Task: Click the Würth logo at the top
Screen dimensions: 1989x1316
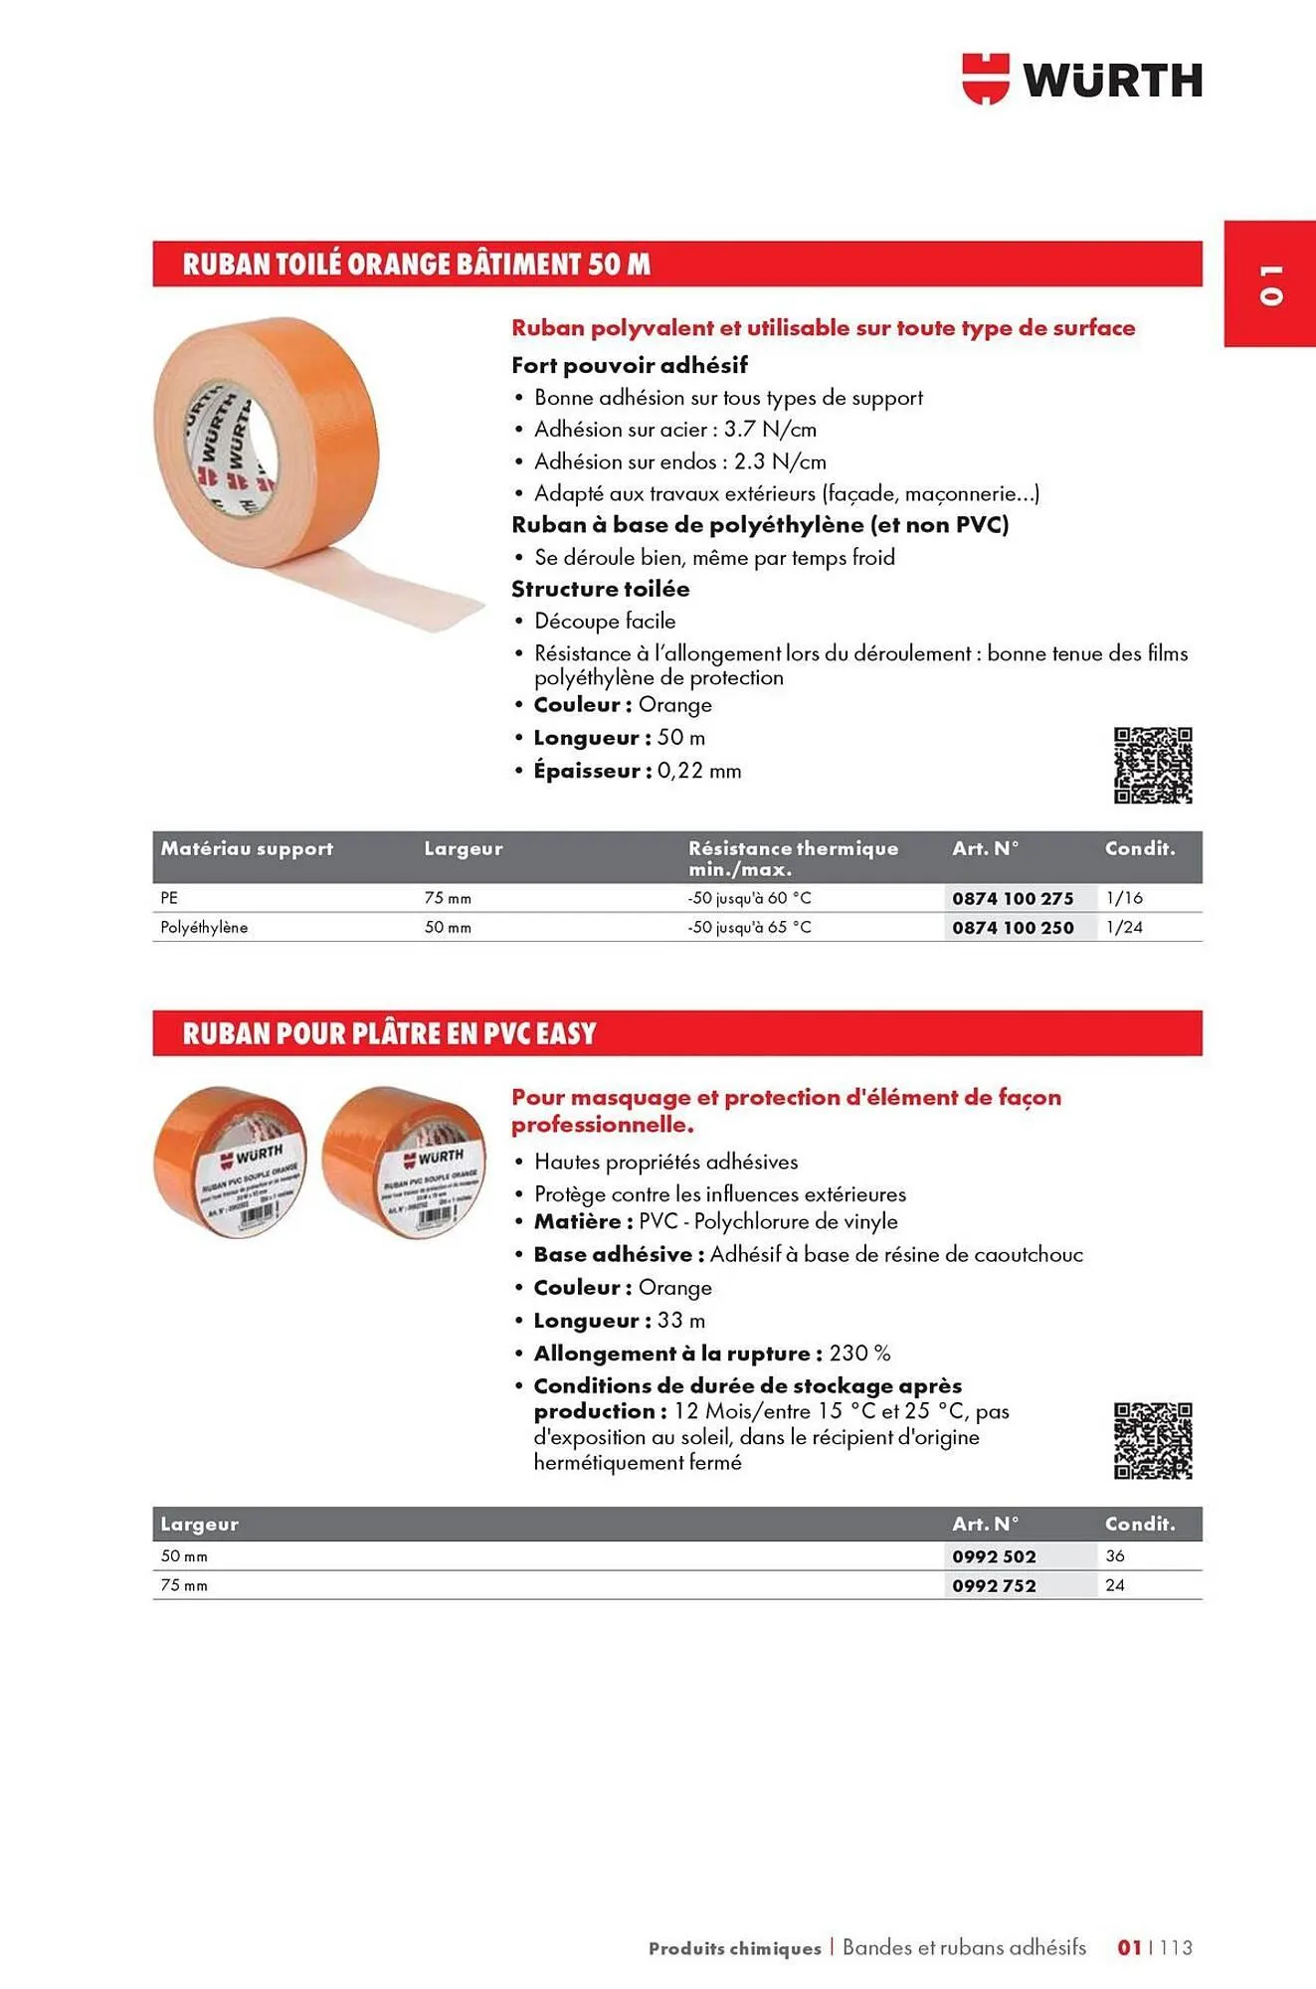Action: pyautogui.click(x=1082, y=79)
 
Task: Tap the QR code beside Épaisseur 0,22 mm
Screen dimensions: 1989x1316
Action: pyautogui.click(x=1152, y=765)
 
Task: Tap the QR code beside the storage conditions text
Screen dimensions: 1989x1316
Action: pyautogui.click(x=1152, y=1440)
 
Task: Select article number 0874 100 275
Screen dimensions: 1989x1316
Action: pyautogui.click(x=1013, y=898)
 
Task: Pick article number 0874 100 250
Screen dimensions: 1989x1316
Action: pyautogui.click(x=1013, y=927)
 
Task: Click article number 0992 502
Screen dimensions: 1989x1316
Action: pyautogui.click(x=994, y=1556)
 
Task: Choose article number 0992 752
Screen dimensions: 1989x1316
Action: pyautogui.click(x=994, y=1585)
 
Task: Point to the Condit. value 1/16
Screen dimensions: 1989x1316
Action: pyautogui.click(x=1124, y=898)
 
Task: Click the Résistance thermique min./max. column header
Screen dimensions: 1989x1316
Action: pyautogui.click(x=793, y=857)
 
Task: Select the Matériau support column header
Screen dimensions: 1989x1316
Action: pyautogui.click(x=247, y=848)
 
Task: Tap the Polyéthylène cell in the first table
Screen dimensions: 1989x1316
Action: pyautogui.click(x=204, y=927)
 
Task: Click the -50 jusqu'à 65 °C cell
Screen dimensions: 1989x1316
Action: pyautogui.click(x=749, y=927)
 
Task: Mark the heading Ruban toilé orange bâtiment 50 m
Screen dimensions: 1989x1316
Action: pyautogui.click(x=416, y=265)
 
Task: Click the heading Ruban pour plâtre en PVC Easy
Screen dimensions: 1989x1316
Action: pyautogui.click(x=389, y=1033)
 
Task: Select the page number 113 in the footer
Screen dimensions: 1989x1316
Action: pyautogui.click(x=1176, y=1947)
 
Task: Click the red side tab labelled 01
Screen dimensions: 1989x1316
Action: pyautogui.click(x=1269, y=283)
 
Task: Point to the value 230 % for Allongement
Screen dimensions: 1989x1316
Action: pyautogui.click(x=859, y=1354)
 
